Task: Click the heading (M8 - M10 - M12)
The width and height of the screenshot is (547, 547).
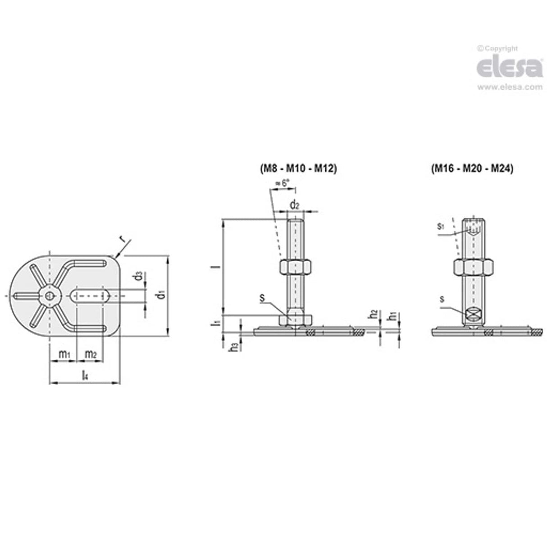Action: pos(298,169)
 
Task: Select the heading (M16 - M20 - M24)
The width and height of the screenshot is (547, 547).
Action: pos(472,169)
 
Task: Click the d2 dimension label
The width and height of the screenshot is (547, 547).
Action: pos(295,205)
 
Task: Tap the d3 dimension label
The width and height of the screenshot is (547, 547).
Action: pos(140,275)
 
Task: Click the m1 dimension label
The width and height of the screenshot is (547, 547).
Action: pos(64,355)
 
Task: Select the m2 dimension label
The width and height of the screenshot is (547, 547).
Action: pos(91,355)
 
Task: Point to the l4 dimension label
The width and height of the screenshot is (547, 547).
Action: pos(84,374)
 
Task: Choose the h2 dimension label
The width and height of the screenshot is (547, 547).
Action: pos(373,316)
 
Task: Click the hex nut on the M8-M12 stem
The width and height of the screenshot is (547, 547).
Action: pos(294,266)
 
